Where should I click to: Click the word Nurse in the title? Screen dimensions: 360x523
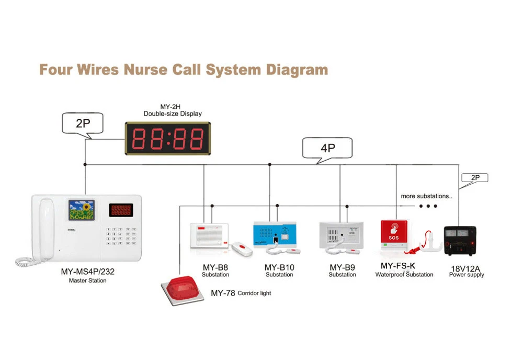pyautogui.click(x=148, y=70)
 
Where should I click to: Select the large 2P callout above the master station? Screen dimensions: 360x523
pyautogui.click(x=83, y=124)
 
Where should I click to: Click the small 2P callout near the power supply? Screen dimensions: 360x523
pyautogui.click(x=475, y=178)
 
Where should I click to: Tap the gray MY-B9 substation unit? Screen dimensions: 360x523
pyautogui.click(x=340, y=233)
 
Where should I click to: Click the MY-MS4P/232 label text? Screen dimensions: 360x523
pyautogui.click(x=87, y=272)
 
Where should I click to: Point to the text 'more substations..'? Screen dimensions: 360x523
pyautogui.click(x=426, y=196)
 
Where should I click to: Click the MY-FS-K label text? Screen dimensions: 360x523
pyautogui.click(x=398, y=266)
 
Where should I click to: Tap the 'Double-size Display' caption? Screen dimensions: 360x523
pyautogui.click(x=173, y=114)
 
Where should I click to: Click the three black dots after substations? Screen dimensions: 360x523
pyautogui.click(x=428, y=206)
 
